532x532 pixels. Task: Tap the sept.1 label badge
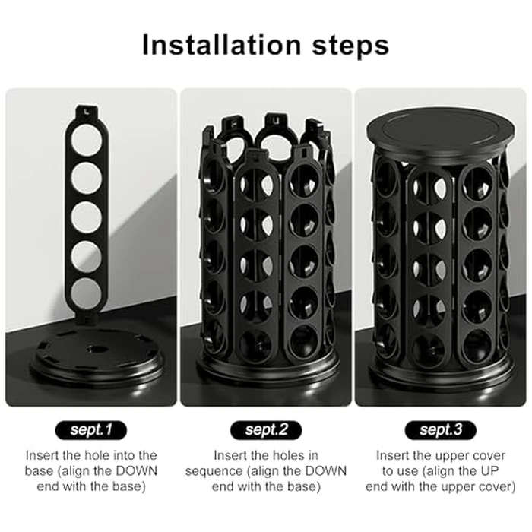91,430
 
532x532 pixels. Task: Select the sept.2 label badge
265,430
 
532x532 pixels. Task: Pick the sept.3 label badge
441,430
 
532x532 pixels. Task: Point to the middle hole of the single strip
86,217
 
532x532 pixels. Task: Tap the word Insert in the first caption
43,454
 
